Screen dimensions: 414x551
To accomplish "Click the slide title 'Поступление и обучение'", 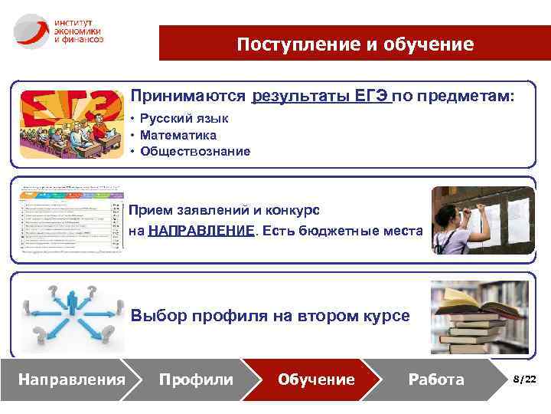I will coord(354,44).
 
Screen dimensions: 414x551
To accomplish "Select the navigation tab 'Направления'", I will coord(72,379).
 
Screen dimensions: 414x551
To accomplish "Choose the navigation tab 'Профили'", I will coord(195,379).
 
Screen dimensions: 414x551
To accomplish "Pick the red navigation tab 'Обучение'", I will coord(316,379).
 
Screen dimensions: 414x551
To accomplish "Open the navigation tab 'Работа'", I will coord(435,379).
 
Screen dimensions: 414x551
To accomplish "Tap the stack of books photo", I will coord(479,314).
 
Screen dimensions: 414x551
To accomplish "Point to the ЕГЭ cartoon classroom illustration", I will coord(70,127).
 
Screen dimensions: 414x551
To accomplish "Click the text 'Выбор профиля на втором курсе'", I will coord(270,315).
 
